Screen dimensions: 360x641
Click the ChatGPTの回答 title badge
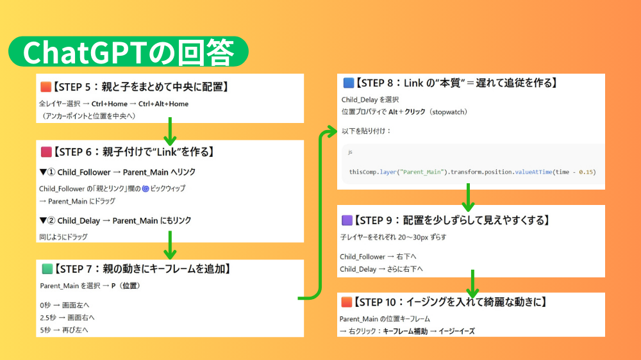128,52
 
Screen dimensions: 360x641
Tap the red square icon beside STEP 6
46,152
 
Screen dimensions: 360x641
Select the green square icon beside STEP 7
46,269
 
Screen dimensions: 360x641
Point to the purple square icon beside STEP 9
347,220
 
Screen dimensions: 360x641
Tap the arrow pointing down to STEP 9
469,197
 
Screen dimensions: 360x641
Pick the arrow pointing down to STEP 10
472,283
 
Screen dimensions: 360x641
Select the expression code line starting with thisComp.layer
472,172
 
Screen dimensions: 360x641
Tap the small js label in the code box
350,152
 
